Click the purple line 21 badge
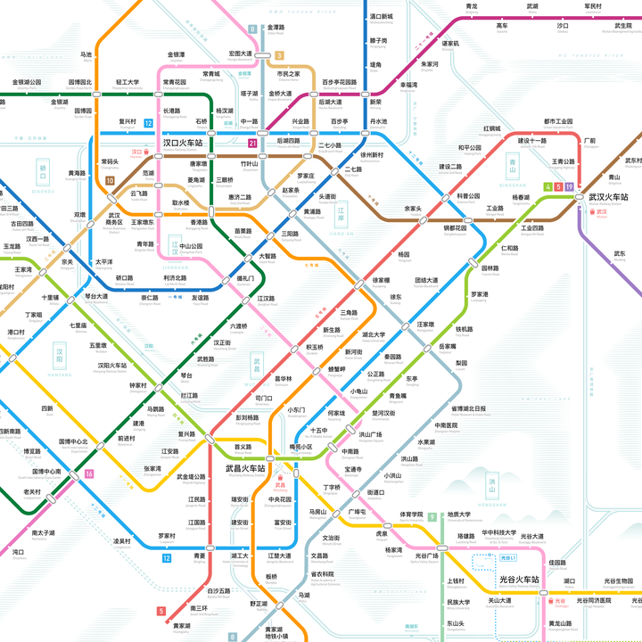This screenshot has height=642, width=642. tap(253, 143)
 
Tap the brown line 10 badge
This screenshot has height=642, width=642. tap(110, 181)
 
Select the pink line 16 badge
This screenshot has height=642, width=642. tap(89, 473)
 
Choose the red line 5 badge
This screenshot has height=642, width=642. tap(161, 611)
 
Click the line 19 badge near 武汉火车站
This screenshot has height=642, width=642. tap(569, 186)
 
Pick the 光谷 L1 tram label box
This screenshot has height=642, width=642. tap(508, 557)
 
